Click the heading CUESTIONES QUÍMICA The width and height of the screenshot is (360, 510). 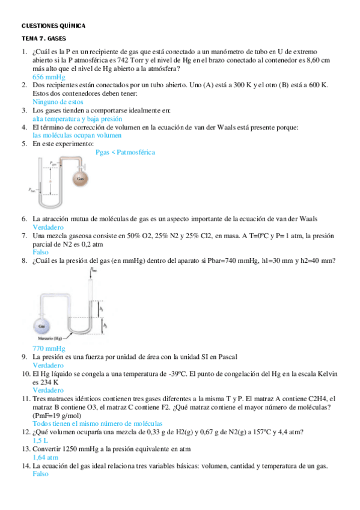[53, 26]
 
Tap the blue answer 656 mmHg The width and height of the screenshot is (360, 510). [49, 78]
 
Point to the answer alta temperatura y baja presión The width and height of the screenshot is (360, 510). [75, 119]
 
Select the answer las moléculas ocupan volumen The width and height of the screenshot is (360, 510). [73, 136]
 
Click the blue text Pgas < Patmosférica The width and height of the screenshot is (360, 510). [125, 153]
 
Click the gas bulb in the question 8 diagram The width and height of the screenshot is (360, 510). [42, 326]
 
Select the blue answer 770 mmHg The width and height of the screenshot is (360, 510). [49, 349]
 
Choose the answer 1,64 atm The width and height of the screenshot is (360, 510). [45, 457]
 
